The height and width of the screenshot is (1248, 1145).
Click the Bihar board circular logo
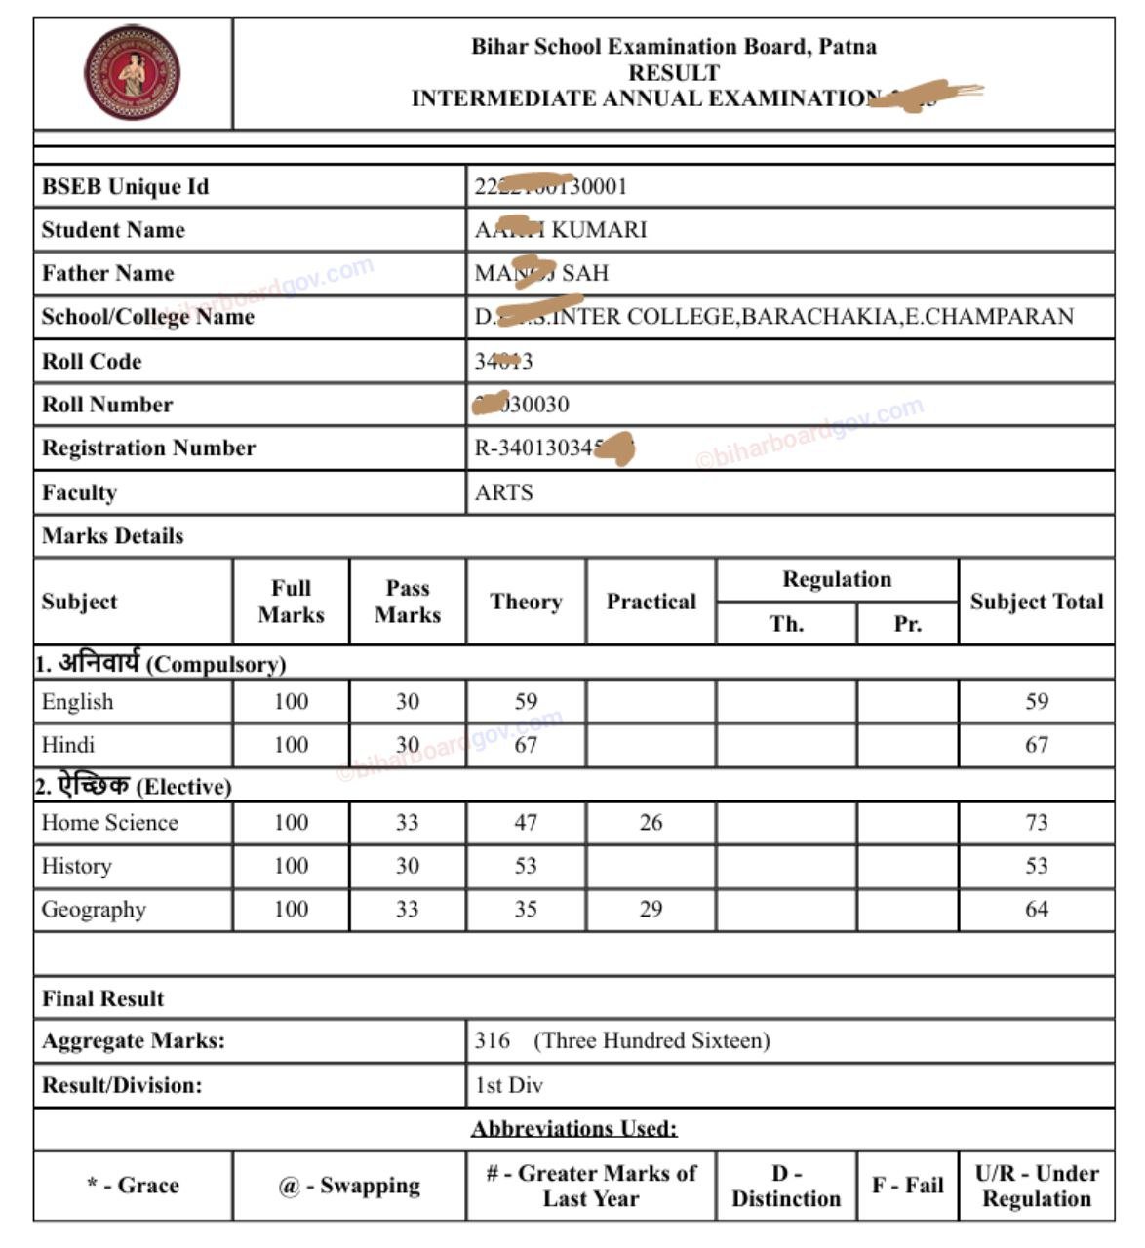pos(132,73)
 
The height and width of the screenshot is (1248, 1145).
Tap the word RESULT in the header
pos(674,73)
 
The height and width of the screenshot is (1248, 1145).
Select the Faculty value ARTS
pos(503,492)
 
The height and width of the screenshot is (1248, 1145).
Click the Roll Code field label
pos(92,361)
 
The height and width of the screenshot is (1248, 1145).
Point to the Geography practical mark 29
pos(651,909)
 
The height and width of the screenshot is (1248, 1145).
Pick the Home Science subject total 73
pos(1036,822)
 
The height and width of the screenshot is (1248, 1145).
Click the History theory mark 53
pos(526,866)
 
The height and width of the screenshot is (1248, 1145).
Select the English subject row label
pos(78,702)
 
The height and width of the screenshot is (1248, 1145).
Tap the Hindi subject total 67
pos(1036,745)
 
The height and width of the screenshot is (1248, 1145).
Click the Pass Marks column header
pos(408,602)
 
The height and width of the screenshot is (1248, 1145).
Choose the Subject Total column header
pos(1036,602)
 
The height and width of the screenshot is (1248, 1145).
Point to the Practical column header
pos(651,602)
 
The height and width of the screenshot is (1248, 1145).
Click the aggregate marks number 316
pos(493,1040)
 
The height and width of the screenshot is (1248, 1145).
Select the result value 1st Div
pos(509,1085)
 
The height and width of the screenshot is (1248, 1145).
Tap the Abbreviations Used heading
pos(574,1129)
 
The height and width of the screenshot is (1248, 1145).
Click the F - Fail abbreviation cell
pos(907,1186)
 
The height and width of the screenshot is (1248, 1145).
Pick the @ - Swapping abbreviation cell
pos(349,1186)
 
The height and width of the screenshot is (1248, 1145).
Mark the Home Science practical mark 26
pos(651,822)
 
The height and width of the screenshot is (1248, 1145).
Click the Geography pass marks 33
pos(408,909)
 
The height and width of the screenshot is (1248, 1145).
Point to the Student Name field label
pos(113,230)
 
